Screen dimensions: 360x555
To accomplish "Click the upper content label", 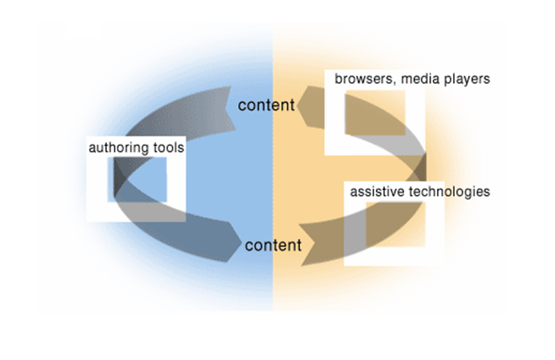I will click(266, 106).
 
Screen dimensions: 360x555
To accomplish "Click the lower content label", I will click(274, 245).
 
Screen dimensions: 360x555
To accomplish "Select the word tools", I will click(167, 147).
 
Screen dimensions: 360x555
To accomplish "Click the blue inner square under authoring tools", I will click(137, 179).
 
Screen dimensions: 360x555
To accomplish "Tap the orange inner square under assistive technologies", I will click(395, 224).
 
